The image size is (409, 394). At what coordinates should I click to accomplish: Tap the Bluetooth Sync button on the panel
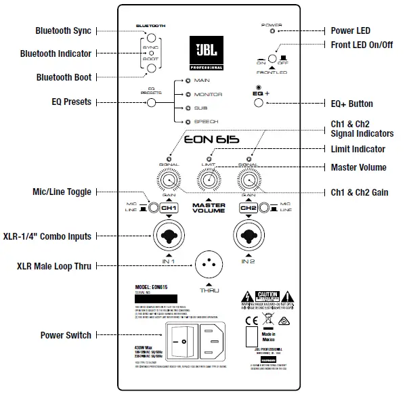pyautogui.click(x=152, y=38)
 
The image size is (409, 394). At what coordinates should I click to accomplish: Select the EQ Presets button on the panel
pyautogui.click(x=152, y=103)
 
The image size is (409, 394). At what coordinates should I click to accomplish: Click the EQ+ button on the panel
pyautogui.click(x=258, y=103)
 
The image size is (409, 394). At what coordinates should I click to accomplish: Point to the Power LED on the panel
pyautogui.click(x=273, y=30)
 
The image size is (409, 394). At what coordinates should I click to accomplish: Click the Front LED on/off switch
pyautogui.click(x=273, y=60)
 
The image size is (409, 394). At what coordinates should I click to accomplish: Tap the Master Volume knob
pyautogui.click(x=209, y=181)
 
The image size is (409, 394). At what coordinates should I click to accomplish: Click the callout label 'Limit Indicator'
pyautogui.click(x=358, y=149)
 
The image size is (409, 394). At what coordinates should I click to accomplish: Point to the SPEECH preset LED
pyautogui.click(x=177, y=121)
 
